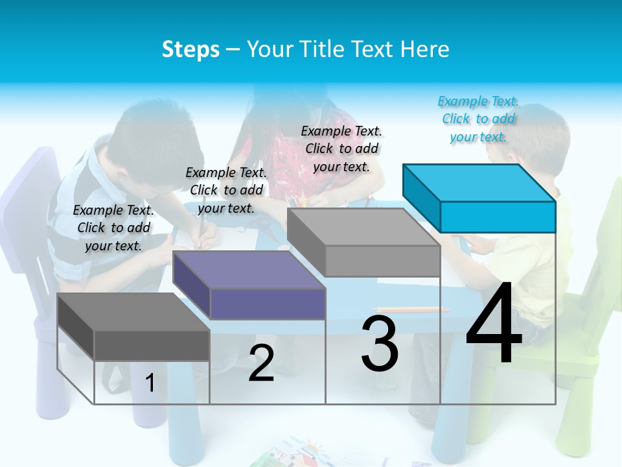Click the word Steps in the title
click(x=190, y=49)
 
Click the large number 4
click(x=494, y=324)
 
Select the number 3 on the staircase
click(x=380, y=344)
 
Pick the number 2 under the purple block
click(x=261, y=363)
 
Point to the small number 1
click(x=150, y=383)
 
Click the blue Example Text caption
click(x=478, y=119)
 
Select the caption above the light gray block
click(x=341, y=149)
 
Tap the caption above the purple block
click(x=226, y=190)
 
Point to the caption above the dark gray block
click(x=113, y=228)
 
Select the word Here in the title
click(x=425, y=49)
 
